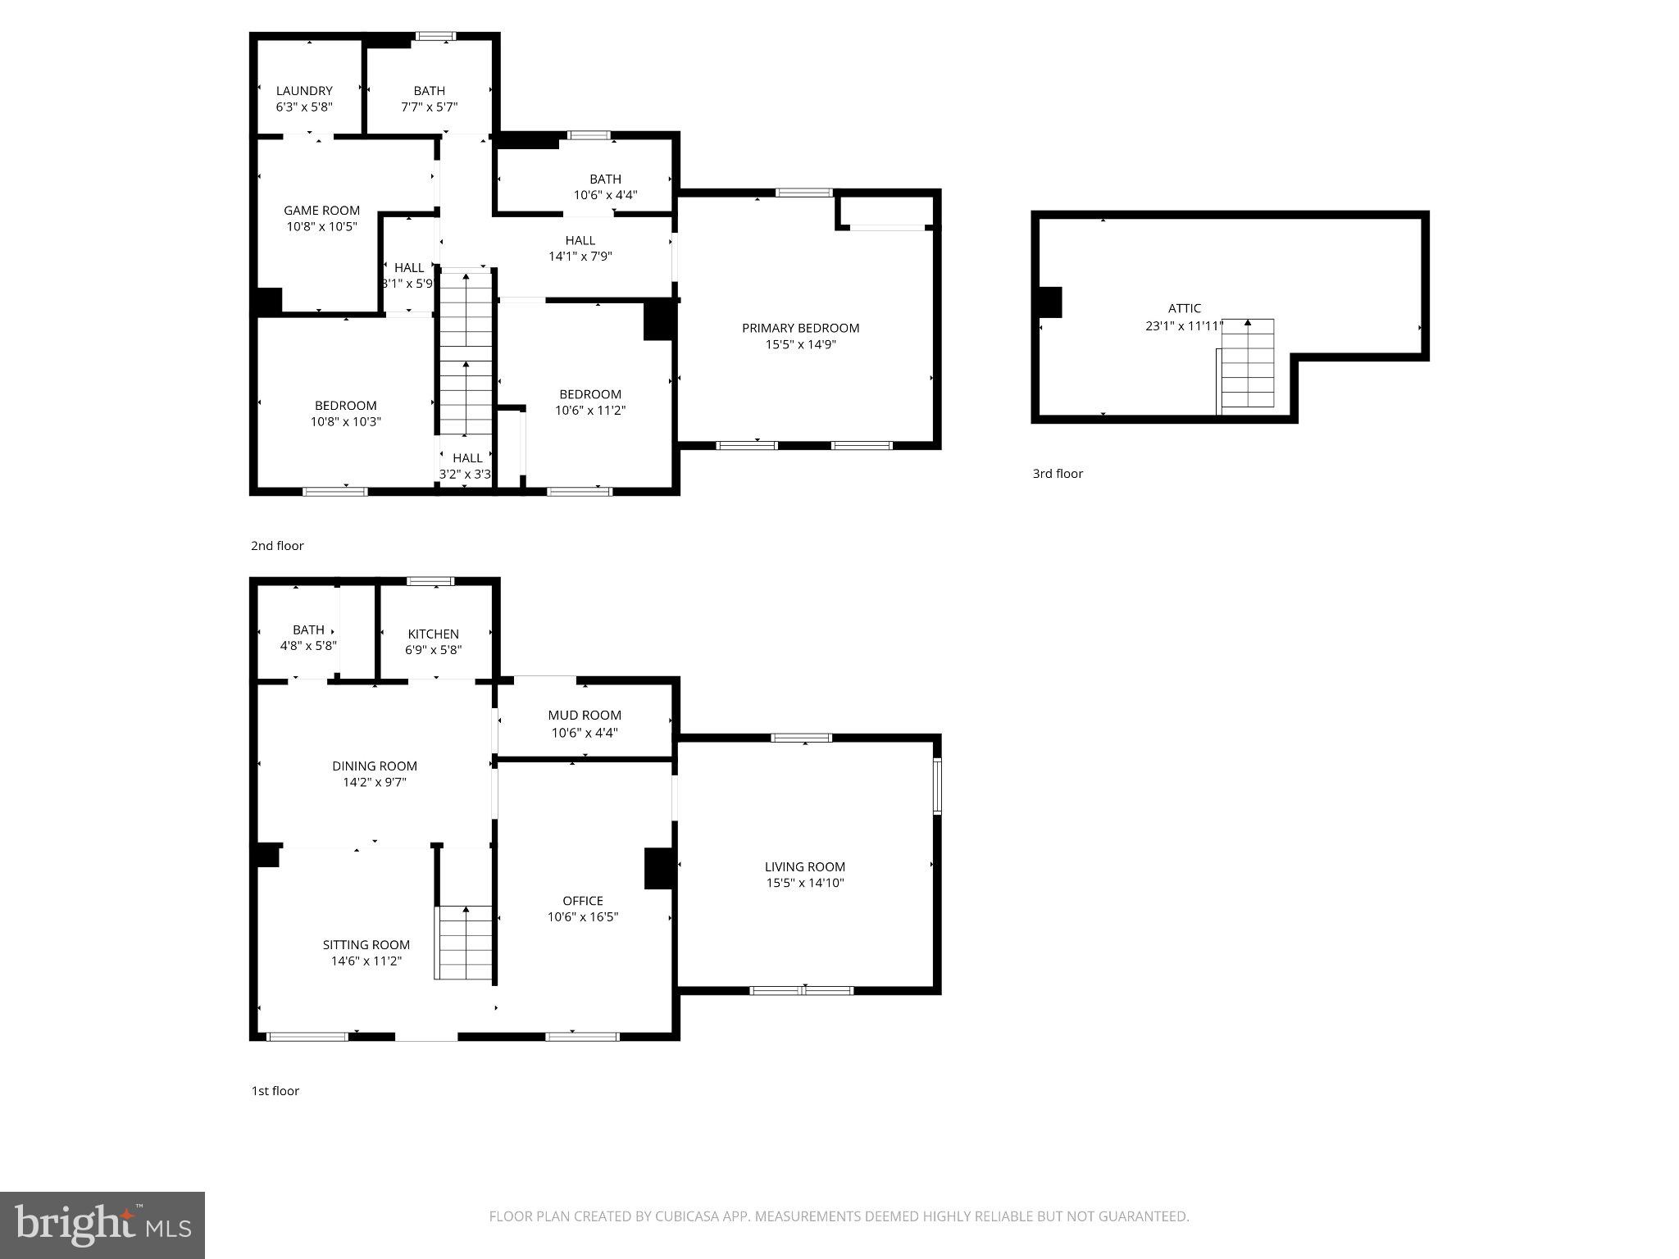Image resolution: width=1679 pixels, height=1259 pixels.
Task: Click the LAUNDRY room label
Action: click(x=304, y=91)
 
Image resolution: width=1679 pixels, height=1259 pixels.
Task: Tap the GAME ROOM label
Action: click(x=321, y=211)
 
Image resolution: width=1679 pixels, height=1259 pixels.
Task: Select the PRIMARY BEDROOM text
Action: click(x=800, y=328)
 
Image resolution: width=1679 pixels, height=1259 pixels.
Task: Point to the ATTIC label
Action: click(x=1184, y=308)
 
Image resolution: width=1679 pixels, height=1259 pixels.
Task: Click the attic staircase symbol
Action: click(x=1247, y=365)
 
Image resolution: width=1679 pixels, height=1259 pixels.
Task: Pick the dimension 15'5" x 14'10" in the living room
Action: click(x=804, y=883)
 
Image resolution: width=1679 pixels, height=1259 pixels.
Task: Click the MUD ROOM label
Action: click(x=585, y=716)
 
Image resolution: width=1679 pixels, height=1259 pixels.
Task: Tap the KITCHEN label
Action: click(x=433, y=634)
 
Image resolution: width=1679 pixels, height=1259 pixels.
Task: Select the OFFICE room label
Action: click(x=582, y=901)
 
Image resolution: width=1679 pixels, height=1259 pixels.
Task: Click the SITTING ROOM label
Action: click(x=366, y=945)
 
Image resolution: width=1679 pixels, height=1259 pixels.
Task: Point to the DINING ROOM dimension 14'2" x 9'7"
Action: click(x=374, y=782)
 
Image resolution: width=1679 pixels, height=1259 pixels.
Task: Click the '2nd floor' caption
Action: click(x=277, y=546)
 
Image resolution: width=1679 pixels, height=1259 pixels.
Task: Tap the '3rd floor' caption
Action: click(x=1057, y=474)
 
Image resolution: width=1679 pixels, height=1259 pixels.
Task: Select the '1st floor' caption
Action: click(x=275, y=1091)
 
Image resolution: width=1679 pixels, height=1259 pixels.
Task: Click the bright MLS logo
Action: click(x=102, y=1225)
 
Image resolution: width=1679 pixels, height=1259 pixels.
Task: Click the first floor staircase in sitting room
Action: click(x=465, y=942)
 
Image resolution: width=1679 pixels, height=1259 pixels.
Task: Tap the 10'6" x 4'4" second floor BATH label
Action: click(x=605, y=187)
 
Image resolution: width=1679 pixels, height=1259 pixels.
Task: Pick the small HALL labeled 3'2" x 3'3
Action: click(x=466, y=466)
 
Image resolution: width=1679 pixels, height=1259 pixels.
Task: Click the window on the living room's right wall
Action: click(x=937, y=786)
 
